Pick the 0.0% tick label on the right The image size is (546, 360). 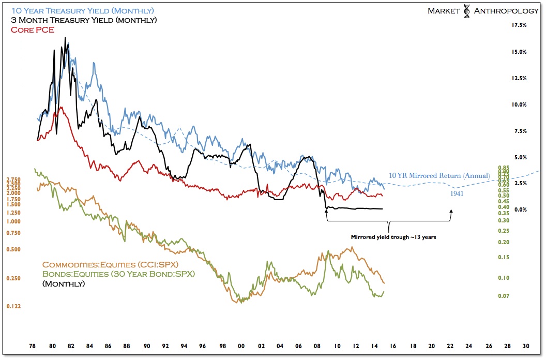coord(519,209)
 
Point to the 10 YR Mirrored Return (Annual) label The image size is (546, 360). coord(439,175)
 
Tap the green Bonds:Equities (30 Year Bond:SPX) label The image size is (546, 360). coord(118,274)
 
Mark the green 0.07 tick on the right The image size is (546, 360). coord(503,296)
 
